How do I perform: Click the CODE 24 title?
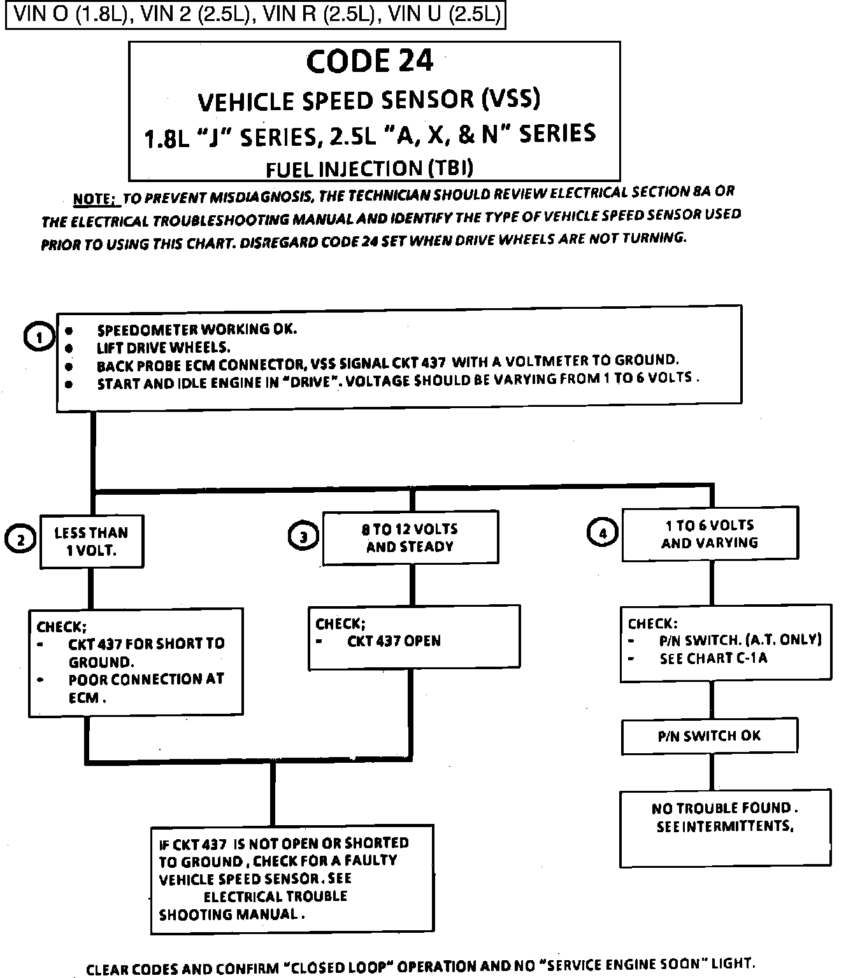tap(369, 62)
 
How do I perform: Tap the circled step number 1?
tap(38, 337)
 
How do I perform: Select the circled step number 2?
tap(20, 539)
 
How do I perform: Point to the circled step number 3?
tap(303, 536)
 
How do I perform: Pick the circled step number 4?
tap(602, 532)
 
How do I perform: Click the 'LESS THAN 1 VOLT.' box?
tap(92, 541)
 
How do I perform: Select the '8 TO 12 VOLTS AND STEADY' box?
tap(410, 537)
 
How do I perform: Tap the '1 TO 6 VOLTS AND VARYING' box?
tap(710, 534)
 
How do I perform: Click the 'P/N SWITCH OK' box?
tap(709, 736)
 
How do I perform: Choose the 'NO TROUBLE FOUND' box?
tap(725, 828)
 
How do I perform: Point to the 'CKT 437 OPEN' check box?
tap(414, 637)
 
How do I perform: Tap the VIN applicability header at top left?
tap(255, 15)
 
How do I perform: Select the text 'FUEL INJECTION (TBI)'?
tap(369, 168)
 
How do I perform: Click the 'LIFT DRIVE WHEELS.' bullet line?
tap(163, 348)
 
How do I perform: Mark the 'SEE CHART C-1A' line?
tap(713, 658)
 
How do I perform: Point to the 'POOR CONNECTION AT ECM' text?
tap(146, 688)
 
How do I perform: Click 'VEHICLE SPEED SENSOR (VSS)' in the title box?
tap(369, 100)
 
